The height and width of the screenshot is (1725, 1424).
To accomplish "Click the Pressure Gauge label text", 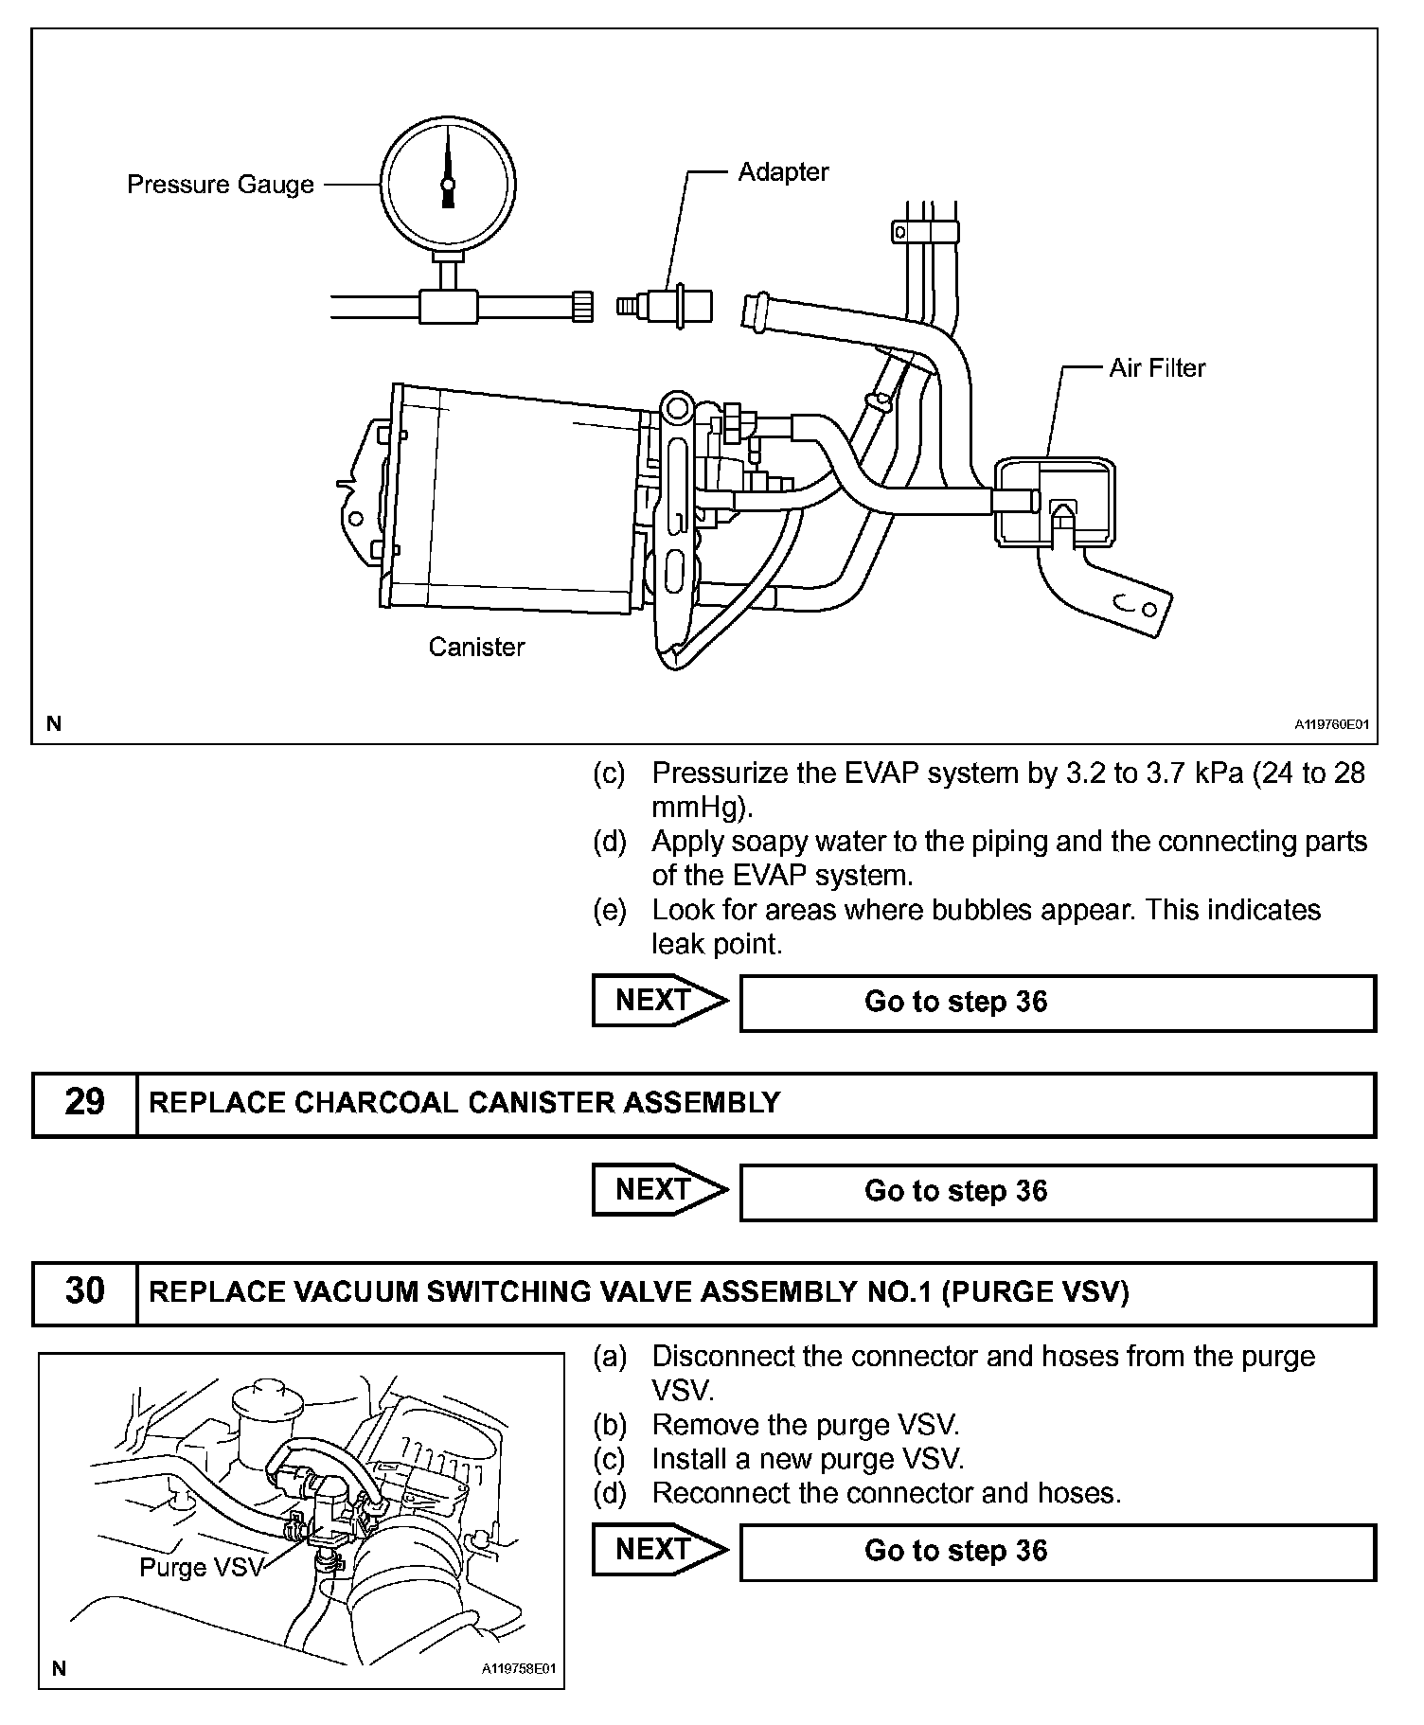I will (x=220, y=184).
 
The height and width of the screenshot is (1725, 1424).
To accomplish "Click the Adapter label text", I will (x=783, y=172).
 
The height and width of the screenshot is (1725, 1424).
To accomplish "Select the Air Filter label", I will (x=1157, y=368).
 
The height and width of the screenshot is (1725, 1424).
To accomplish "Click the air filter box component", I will (x=1054, y=503).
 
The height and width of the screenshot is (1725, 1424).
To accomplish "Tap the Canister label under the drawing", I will (x=476, y=647).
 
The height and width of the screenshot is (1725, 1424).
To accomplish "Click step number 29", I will (x=84, y=1103).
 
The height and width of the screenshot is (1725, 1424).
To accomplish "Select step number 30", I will (x=84, y=1292).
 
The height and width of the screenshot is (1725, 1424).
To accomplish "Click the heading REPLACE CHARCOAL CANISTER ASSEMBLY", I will (x=465, y=1103).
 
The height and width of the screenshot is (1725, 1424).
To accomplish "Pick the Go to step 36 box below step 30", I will (x=1057, y=1551).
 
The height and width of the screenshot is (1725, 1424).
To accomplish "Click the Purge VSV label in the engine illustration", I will (x=201, y=1567).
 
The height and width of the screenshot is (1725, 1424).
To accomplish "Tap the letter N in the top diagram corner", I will (x=54, y=724).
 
